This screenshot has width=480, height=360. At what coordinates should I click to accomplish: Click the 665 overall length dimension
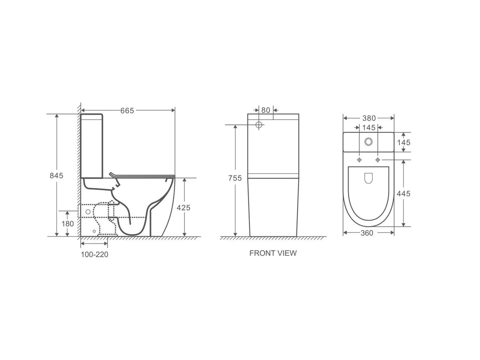[x=127, y=110]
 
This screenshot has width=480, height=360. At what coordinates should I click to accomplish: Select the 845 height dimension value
[x=56, y=175]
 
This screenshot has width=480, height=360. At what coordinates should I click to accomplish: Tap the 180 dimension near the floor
[x=67, y=224]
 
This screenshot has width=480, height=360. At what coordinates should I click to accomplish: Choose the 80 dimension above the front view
[x=266, y=110]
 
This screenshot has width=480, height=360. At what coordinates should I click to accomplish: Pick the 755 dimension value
[x=234, y=178]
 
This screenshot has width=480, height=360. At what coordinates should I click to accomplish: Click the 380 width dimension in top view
[x=368, y=118]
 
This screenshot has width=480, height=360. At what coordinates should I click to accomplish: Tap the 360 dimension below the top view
[x=367, y=233]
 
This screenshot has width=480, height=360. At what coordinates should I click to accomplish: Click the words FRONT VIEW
[x=273, y=253]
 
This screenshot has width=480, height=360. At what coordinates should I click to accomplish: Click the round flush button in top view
[x=368, y=142]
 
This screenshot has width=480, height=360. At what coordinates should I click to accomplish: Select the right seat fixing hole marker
[x=378, y=159]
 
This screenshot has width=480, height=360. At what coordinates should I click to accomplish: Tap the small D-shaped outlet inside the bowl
[x=368, y=178]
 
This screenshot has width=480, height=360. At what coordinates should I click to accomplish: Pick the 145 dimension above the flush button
[x=368, y=128]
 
